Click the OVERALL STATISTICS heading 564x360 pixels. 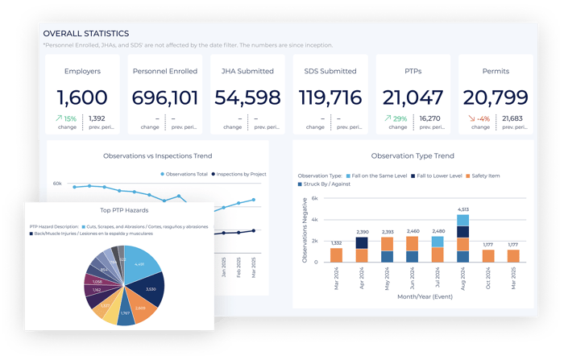[x=85, y=34]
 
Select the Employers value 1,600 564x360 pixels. [x=82, y=98]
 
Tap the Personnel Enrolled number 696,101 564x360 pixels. [x=164, y=98]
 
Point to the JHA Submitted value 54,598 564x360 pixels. [x=247, y=98]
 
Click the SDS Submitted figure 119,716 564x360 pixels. [x=330, y=98]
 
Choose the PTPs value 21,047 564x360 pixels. [x=412, y=98]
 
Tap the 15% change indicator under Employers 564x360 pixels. [x=66, y=119]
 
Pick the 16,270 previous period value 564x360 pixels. [x=431, y=118]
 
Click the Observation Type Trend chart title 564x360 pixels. [x=412, y=155]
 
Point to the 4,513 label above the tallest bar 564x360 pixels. [x=462, y=209]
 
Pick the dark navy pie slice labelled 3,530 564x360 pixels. [x=148, y=288]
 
